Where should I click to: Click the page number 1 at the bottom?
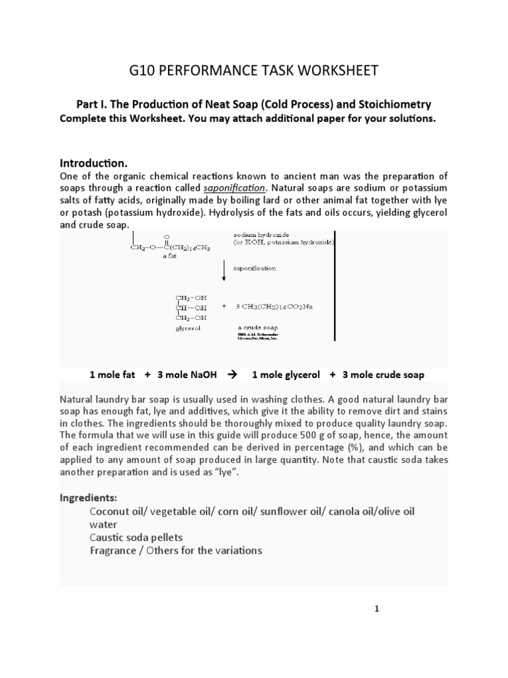[376, 610]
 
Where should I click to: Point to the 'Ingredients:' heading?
[87, 497]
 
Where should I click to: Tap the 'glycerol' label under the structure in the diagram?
[189, 328]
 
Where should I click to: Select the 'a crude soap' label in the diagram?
[257, 328]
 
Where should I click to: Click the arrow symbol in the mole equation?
[232, 375]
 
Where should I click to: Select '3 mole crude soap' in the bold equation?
[383, 375]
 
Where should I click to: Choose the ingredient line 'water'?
[103, 524]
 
